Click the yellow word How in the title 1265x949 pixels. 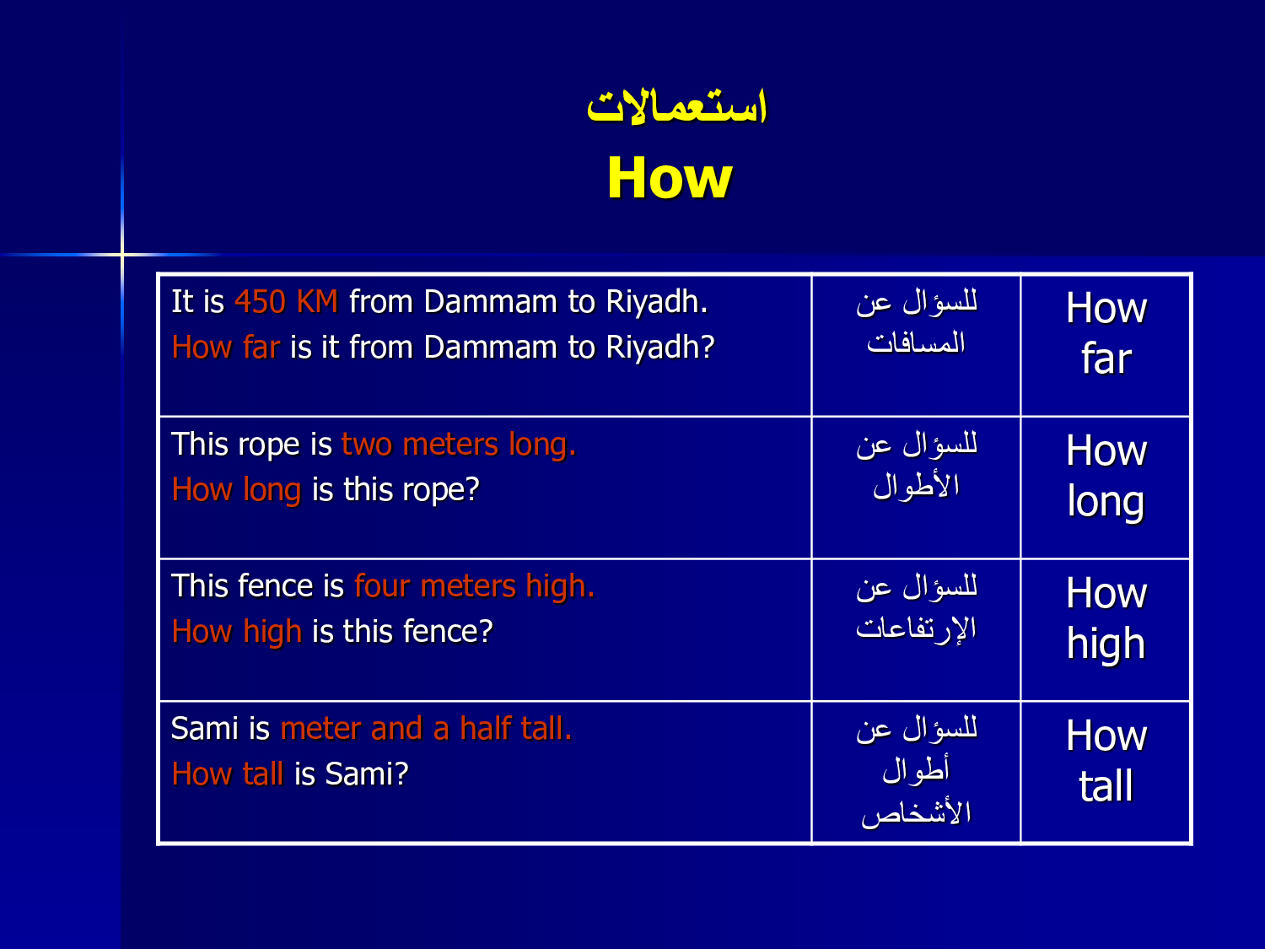[x=670, y=177]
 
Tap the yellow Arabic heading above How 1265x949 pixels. [x=676, y=106]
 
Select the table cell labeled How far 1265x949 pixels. [x=1106, y=345]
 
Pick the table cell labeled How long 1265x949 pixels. [x=1106, y=488]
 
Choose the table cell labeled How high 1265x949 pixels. [x=1106, y=630]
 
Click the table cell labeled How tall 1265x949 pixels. [x=1106, y=772]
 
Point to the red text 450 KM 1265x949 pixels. [x=286, y=301]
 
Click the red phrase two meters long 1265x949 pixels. [x=459, y=445]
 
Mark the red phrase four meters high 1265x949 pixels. [x=474, y=586]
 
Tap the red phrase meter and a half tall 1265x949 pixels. [x=426, y=728]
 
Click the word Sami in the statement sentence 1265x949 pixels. [x=205, y=728]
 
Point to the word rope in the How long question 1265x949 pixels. [x=441, y=490]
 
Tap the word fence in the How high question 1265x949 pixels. [x=448, y=632]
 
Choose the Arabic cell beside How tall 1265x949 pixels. [x=916, y=772]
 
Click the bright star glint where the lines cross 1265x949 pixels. [x=122, y=254]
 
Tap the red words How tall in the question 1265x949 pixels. [x=228, y=774]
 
